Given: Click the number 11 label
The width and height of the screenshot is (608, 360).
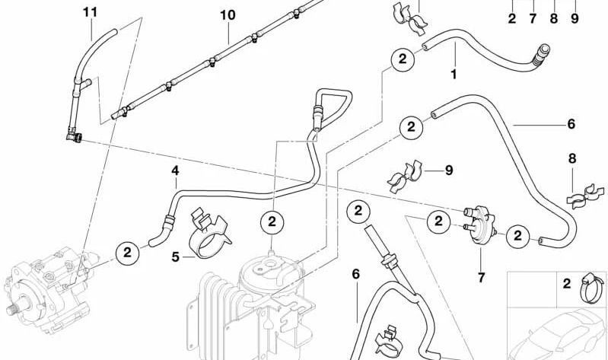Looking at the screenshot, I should (x=90, y=12).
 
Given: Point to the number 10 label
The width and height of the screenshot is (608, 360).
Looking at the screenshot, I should (x=228, y=15).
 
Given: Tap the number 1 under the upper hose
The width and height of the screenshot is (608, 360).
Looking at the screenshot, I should (x=454, y=75).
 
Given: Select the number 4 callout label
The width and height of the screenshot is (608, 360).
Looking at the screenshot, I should (x=175, y=172).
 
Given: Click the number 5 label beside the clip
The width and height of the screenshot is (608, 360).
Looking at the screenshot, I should (x=175, y=257).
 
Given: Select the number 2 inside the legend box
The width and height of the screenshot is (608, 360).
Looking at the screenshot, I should (x=566, y=285).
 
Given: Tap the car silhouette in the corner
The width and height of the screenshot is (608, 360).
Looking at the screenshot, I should (x=557, y=332).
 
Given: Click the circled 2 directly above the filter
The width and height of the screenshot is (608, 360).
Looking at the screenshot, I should (x=272, y=222).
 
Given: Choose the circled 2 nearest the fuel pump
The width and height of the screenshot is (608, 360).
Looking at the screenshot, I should (x=127, y=251).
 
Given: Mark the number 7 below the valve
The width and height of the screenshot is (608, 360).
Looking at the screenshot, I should (x=481, y=277).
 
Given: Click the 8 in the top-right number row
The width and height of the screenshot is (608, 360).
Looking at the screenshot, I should (x=553, y=17).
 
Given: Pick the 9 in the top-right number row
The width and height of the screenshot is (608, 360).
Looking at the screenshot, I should (x=575, y=17).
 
